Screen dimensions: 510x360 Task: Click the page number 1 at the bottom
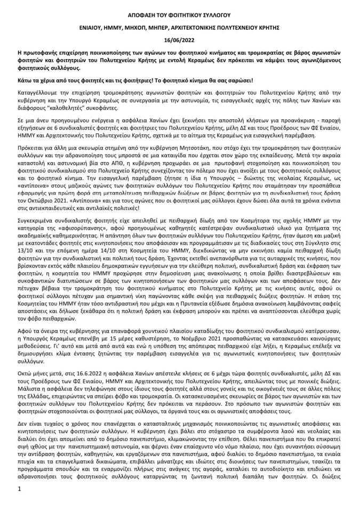(x=19, y=489)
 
